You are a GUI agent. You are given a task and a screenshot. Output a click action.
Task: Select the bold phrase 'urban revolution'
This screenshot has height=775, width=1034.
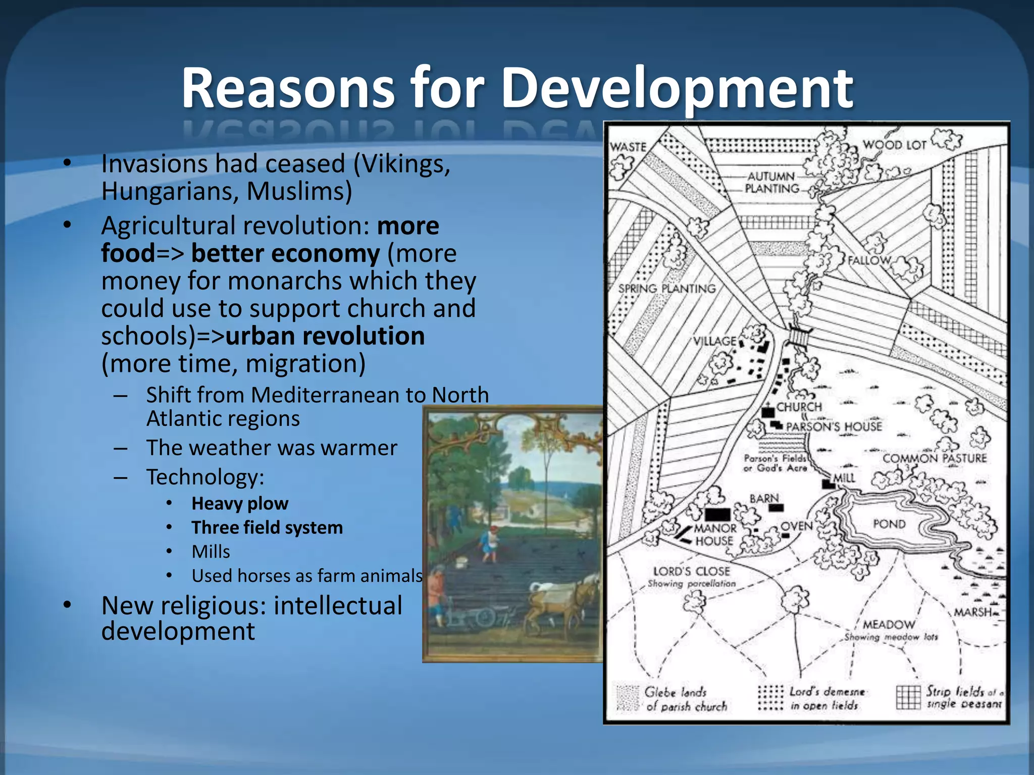click(325, 336)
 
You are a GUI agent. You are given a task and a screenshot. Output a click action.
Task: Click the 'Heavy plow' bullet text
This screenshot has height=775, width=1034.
click(240, 504)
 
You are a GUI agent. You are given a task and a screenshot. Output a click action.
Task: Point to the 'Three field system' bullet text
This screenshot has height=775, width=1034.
click(267, 528)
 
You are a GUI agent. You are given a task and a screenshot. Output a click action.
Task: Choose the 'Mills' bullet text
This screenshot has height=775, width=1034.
click(211, 552)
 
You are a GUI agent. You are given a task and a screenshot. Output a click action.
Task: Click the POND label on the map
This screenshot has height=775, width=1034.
click(889, 524)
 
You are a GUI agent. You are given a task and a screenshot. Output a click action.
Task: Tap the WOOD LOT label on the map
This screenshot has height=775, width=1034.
click(894, 145)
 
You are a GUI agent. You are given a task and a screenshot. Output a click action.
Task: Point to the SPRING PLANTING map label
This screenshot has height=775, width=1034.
click(667, 289)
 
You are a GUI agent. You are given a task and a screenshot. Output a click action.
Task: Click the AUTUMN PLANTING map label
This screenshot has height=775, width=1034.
click(771, 183)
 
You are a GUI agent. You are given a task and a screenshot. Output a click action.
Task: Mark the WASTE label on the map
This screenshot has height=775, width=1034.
click(628, 147)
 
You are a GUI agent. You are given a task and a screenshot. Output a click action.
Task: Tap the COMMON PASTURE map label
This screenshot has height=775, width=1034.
click(934, 458)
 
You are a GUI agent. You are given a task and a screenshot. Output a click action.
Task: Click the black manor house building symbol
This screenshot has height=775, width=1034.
click(717, 514)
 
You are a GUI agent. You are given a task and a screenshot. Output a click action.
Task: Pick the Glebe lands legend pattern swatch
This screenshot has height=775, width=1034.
click(628, 698)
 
